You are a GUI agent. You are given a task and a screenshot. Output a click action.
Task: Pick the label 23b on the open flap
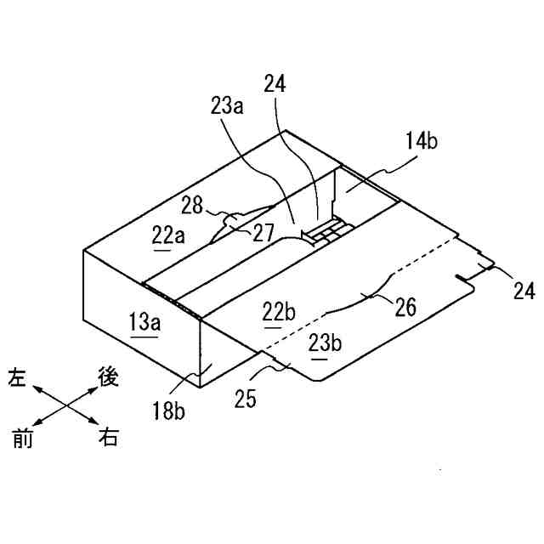[x=324, y=343]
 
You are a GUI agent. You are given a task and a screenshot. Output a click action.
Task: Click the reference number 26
[x=405, y=307]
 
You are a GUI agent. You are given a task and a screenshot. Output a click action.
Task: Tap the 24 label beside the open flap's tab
[x=524, y=292]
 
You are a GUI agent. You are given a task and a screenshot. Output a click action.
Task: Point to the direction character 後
[x=109, y=377]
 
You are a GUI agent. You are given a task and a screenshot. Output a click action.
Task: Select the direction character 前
[x=20, y=439]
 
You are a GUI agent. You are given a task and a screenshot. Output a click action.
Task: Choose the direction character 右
[x=109, y=439]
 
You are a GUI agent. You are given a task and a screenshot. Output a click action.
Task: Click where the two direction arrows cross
[x=65, y=408]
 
